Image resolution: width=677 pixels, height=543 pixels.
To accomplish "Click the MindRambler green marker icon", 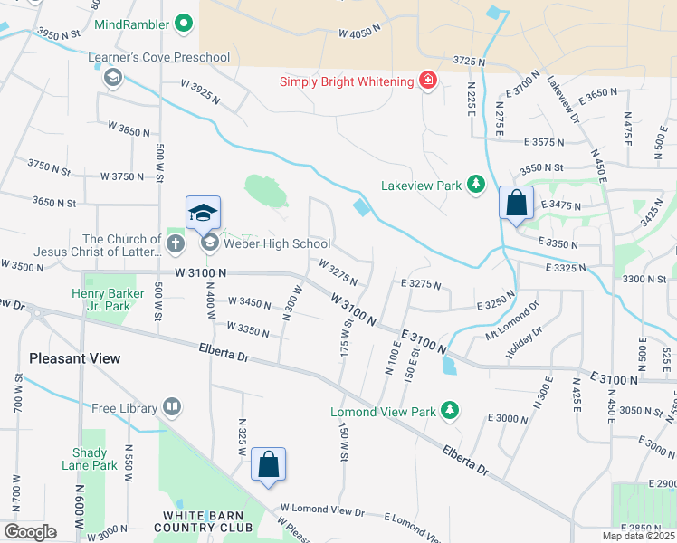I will [185, 24].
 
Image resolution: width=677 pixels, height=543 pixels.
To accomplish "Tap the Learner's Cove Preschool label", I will [158, 58].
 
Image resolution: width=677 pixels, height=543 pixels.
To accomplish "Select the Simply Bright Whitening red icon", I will [427, 81].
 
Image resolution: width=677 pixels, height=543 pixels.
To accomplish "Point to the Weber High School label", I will [277, 243].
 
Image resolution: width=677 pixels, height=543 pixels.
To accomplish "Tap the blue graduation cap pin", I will [203, 214].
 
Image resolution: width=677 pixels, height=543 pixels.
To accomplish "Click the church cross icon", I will [176, 243].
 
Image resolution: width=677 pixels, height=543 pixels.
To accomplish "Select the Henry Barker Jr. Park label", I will [113, 299].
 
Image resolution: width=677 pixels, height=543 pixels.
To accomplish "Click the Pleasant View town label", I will [74, 358].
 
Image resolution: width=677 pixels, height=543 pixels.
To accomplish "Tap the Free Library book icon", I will [172, 408].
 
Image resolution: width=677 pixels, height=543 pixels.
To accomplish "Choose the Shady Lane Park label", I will [95, 459].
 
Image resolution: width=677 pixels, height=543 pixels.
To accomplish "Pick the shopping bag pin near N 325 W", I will [268, 465].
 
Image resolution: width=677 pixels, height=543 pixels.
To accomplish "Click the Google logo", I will [30, 532].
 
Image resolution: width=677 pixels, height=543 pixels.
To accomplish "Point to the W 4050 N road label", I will [362, 33].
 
